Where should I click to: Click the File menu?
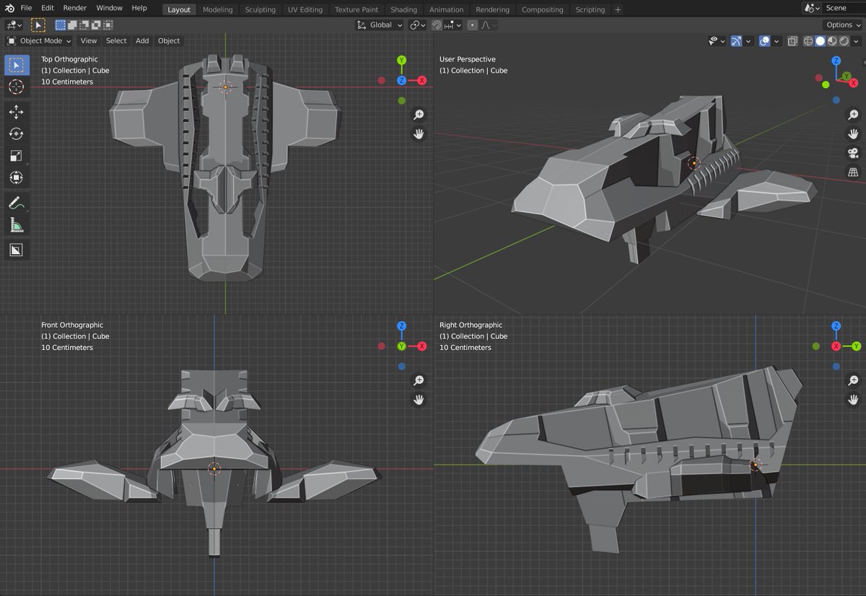[x=26, y=8]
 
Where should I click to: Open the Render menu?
[x=74, y=8]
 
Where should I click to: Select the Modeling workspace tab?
[x=217, y=9]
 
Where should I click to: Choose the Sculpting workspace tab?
[x=260, y=9]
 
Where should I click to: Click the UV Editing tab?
[x=305, y=9]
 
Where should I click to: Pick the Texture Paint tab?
[x=357, y=9]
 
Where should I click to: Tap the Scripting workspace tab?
[x=590, y=9]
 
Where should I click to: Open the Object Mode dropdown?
[x=39, y=41]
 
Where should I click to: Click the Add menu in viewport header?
[x=142, y=41]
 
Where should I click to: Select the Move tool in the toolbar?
[x=17, y=112]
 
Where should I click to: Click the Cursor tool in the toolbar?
[x=17, y=87]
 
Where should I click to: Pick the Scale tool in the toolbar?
[x=17, y=155]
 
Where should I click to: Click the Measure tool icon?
[x=17, y=225]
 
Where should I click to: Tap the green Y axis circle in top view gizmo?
[x=401, y=61]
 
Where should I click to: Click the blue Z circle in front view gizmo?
[x=401, y=326]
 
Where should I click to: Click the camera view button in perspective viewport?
[x=853, y=153]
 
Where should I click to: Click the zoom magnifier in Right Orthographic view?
[x=853, y=380]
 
